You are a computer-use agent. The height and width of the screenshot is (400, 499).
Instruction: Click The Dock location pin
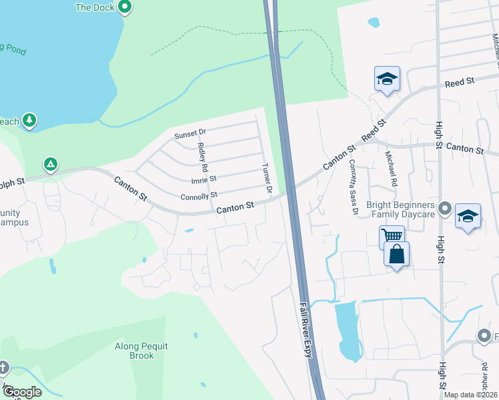pyautogui.click(x=124, y=7)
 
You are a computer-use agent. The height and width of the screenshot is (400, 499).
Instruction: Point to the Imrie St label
pyautogui.click(x=203, y=179)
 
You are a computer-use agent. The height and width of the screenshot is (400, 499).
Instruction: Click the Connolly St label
pyautogui.click(x=199, y=196)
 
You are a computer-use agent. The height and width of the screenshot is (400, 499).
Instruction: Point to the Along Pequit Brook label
pyautogui.click(x=141, y=351)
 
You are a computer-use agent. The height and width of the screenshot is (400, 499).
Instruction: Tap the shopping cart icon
pyautogui.click(x=391, y=236)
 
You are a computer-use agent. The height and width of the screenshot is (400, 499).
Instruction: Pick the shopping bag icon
pyautogui.click(x=396, y=255)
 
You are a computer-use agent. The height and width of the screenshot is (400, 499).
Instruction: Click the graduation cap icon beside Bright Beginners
pyautogui.click(x=468, y=217)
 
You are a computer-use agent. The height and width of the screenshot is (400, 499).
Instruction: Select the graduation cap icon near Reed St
pyautogui.click(x=387, y=79)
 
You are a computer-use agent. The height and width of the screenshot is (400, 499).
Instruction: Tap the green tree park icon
pyautogui.click(x=28, y=120)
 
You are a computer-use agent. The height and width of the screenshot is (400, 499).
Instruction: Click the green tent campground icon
pyautogui.click(x=50, y=163)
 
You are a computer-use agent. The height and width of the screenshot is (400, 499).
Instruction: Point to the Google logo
pyautogui.click(x=21, y=392)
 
